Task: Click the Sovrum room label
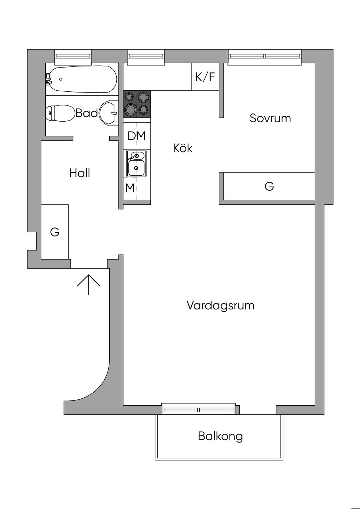click(270, 118)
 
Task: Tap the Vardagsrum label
click(220, 305)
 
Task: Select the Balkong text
click(220, 436)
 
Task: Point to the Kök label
click(183, 148)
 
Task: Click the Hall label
click(80, 173)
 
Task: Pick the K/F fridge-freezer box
click(205, 77)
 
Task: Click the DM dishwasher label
click(137, 136)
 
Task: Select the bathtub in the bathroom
click(82, 79)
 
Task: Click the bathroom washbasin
click(109, 113)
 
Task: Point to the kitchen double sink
click(136, 163)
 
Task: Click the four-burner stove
click(137, 104)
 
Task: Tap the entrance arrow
click(89, 284)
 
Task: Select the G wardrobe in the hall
click(55, 232)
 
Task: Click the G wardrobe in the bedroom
click(269, 186)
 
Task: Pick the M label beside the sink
click(130, 188)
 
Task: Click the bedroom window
click(265, 57)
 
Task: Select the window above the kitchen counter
click(146, 56)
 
